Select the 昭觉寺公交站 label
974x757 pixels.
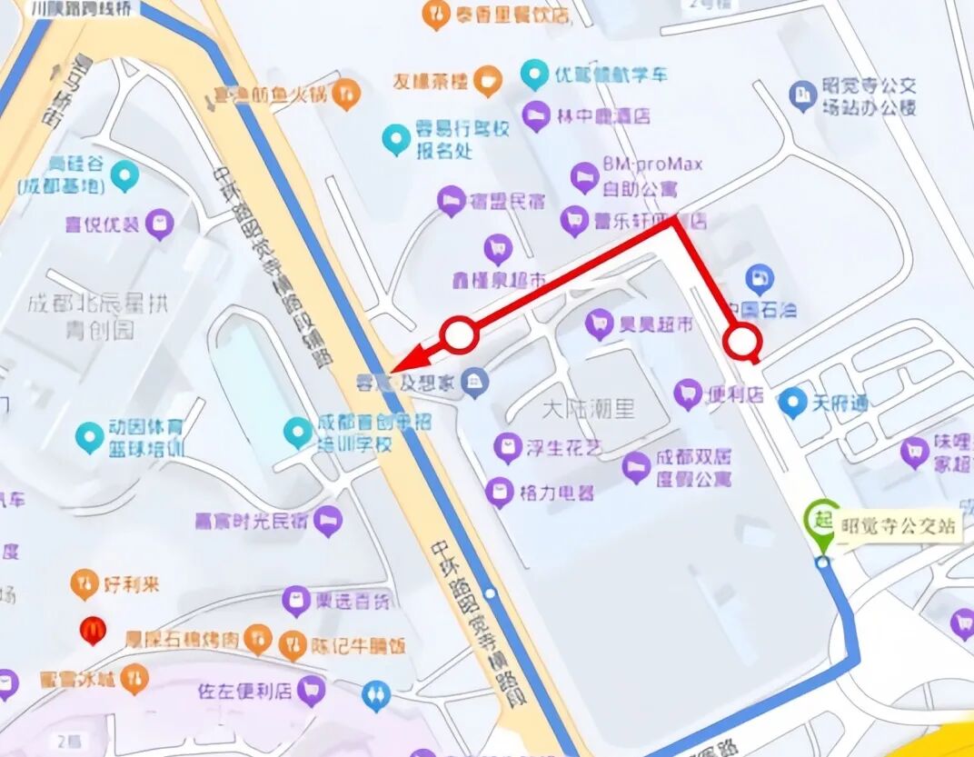(x=899, y=526)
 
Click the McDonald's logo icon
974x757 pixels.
(x=92, y=629)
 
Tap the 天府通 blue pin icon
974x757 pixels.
(x=793, y=401)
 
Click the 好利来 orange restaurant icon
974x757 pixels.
(x=84, y=583)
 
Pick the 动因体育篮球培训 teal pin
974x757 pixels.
(x=89, y=437)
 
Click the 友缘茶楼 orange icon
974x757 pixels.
(x=489, y=82)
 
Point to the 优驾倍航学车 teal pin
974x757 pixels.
(x=535, y=74)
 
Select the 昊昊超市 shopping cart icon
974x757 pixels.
(x=599, y=323)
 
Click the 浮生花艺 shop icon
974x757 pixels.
(x=507, y=447)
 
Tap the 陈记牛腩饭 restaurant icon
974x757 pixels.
(x=293, y=644)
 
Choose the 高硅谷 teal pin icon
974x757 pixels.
(x=124, y=174)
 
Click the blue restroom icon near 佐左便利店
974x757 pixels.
(x=375, y=695)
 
